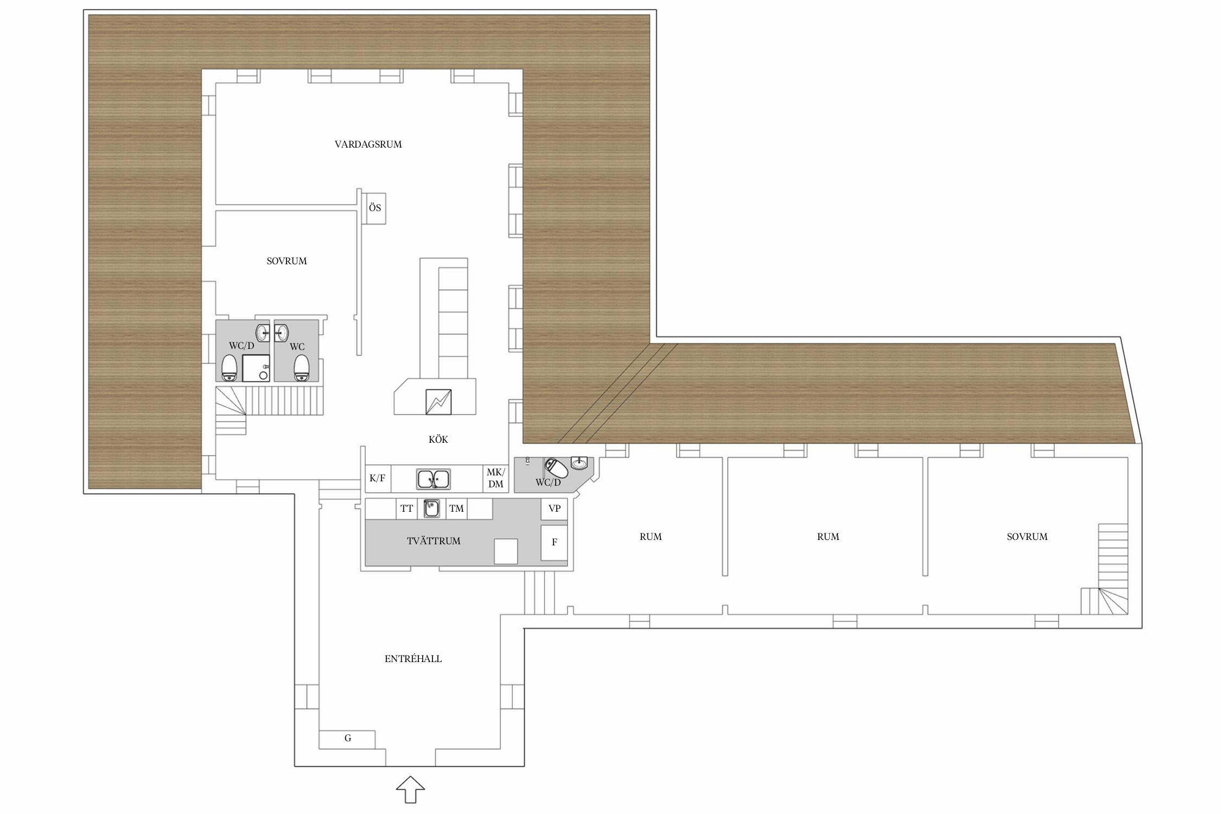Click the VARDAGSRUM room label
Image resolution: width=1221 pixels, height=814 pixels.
point(368,144)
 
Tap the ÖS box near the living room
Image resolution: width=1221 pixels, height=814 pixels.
point(374,208)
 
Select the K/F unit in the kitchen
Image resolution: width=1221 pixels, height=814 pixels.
point(377,478)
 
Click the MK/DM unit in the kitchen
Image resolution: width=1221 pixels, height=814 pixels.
point(495,478)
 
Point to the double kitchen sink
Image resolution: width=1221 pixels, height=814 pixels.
point(433,479)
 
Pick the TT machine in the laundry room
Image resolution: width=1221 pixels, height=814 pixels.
point(406,508)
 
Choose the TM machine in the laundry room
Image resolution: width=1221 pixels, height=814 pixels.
point(456,508)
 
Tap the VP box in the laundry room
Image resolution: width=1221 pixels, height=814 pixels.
point(554,508)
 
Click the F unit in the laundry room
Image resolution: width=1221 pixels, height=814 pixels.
point(554,542)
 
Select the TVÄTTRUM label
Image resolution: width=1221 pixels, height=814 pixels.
point(433,541)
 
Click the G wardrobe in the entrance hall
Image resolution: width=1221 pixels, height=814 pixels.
point(347,739)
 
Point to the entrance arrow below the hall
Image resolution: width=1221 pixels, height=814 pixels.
point(410,789)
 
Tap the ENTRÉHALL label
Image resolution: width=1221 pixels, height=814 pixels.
point(413,659)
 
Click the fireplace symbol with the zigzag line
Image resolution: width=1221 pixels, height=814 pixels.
point(438,402)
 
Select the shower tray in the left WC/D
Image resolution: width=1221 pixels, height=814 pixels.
point(256,368)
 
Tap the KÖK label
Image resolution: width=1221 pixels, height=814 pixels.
point(438,440)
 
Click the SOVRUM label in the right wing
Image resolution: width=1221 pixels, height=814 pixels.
point(1027,537)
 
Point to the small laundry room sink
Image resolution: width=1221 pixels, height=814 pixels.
point(432,508)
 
